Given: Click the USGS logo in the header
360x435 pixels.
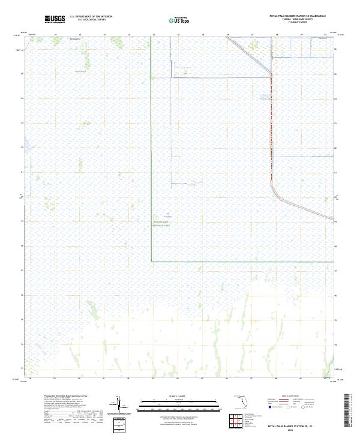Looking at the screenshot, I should [x=55, y=19].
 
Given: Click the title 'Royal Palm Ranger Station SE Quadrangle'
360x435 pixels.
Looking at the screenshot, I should [x=298, y=17].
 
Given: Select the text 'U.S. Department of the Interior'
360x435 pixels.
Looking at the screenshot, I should [x=91, y=17].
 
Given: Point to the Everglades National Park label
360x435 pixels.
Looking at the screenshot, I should [x=166, y=223].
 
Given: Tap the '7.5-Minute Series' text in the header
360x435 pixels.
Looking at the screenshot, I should [x=298, y=23].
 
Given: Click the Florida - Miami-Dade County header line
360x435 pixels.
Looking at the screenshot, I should [x=298, y=20].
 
